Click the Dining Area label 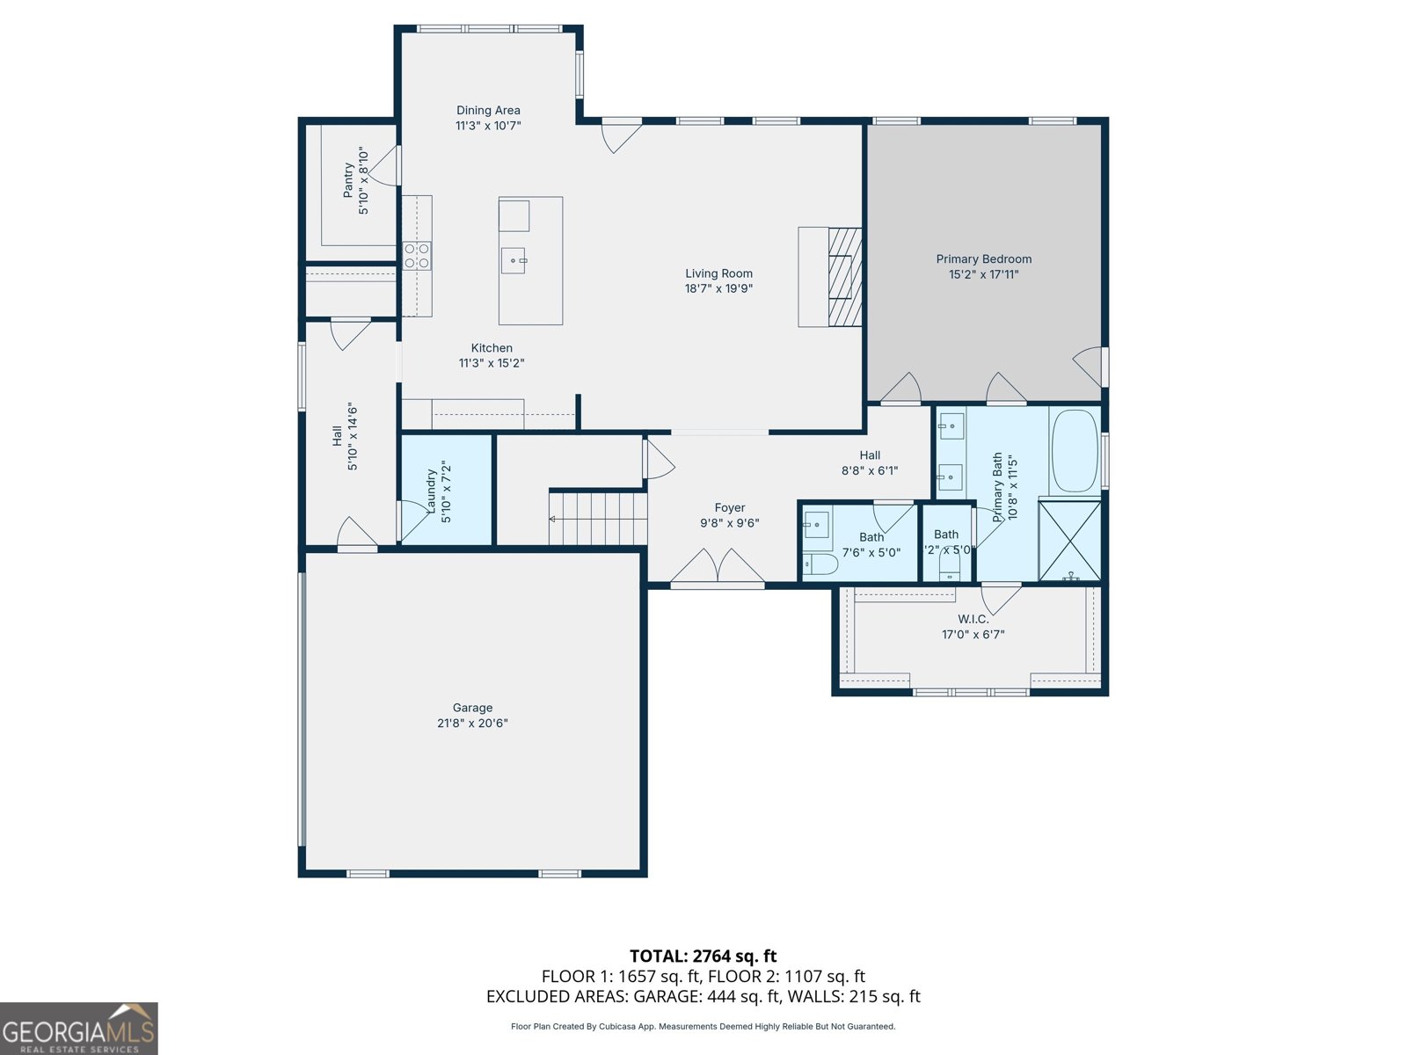point(488,111)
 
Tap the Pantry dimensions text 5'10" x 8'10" point(363,181)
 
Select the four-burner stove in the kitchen point(417,256)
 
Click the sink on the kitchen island point(514,260)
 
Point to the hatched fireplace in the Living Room point(844,277)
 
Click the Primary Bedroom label point(983,259)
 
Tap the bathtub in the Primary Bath point(1075,450)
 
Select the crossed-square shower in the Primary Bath point(1069,540)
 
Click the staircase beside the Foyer point(598,519)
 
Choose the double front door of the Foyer point(718,567)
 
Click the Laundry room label point(431,491)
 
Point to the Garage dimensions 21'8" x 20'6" point(472,724)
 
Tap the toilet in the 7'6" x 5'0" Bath point(820,564)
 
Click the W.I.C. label point(973,619)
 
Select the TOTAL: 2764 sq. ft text point(703,956)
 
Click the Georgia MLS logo point(78,1029)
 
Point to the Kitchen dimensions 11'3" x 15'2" point(492,363)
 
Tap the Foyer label point(729,508)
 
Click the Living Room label point(718,273)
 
